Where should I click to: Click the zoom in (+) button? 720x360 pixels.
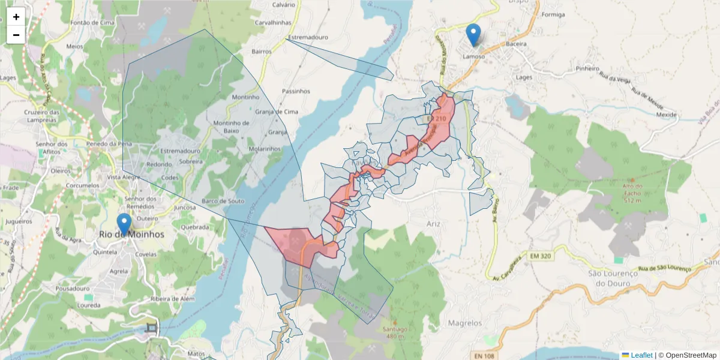(x=16, y=17)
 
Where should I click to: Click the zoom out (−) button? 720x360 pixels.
(x=16, y=35)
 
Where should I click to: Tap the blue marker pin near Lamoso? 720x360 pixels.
(x=473, y=35)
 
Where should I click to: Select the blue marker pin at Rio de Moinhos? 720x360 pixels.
(x=124, y=224)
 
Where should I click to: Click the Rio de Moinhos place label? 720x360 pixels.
(x=131, y=235)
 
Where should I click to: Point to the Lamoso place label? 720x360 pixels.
(x=473, y=56)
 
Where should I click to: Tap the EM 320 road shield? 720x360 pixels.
(x=540, y=256)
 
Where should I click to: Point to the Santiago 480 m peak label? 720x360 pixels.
(x=393, y=332)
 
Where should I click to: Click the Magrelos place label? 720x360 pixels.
(x=465, y=323)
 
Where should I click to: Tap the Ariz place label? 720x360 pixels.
(x=433, y=224)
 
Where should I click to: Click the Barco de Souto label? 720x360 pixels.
(x=223, y=201)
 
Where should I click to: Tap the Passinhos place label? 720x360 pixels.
(x=296, y=91)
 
